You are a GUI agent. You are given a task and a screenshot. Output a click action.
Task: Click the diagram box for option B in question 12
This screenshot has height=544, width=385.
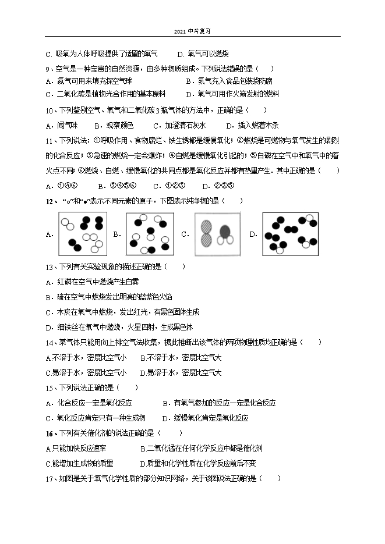point(150,234)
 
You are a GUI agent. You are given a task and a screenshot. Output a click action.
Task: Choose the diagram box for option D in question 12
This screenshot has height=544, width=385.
point(290,234)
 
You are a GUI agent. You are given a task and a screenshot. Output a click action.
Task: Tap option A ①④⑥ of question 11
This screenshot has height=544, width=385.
point(62,186)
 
